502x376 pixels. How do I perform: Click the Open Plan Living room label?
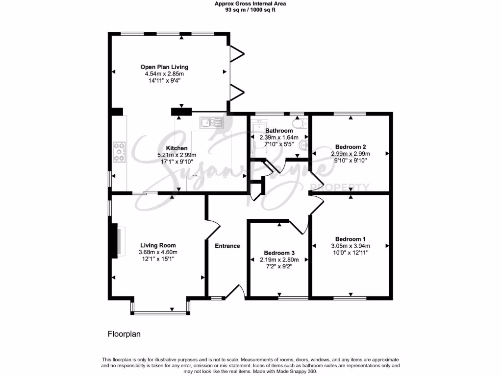164,67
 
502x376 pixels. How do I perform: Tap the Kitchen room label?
176,148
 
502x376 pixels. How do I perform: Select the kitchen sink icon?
211,122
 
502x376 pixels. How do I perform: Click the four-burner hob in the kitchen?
119,152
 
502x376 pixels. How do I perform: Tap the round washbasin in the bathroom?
304,144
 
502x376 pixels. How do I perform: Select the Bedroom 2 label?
351,146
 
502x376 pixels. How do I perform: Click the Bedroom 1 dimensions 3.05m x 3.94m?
351,246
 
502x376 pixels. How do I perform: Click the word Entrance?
227,246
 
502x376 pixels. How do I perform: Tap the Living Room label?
158,245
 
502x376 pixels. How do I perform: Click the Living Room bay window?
160,312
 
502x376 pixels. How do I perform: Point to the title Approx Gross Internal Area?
251,3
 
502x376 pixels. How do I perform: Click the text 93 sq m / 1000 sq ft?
251,10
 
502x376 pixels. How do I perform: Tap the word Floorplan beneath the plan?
124,334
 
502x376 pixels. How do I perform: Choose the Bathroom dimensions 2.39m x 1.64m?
279,138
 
